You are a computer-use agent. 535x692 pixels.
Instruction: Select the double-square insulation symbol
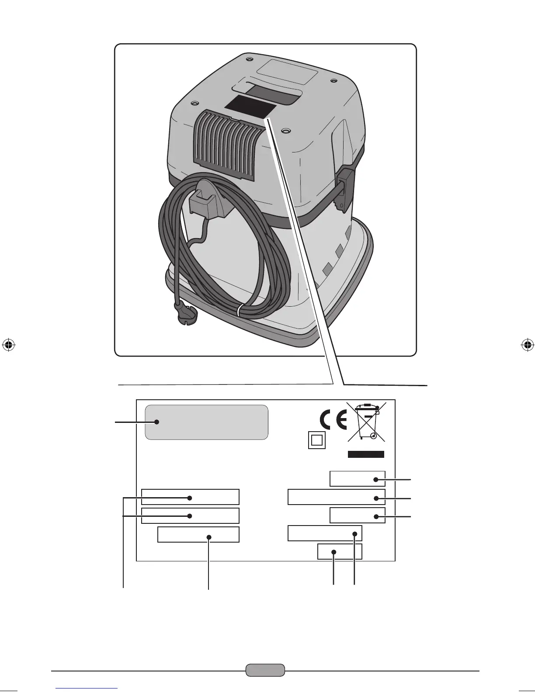point(316,440)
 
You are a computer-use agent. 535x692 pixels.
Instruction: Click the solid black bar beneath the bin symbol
point(366,454)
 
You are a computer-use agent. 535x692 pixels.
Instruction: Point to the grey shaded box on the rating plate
point(206,422)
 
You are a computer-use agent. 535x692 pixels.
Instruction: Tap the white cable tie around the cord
point(239,311)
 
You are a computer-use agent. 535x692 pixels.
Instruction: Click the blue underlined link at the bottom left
point(87,689)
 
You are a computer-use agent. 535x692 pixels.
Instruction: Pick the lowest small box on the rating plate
point(340,552)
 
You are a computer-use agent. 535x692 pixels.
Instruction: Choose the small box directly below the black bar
point(358,479)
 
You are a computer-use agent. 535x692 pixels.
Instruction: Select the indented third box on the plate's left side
point(198,534)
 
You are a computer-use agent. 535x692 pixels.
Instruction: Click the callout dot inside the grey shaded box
point(156,422)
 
